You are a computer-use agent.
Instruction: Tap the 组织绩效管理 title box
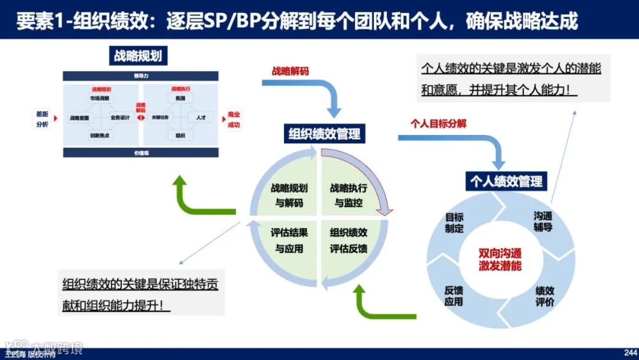click(x=324, y=134)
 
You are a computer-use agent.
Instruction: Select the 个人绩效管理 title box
click(x=506, y=181)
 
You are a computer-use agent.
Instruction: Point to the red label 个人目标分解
click(x=438, y=123)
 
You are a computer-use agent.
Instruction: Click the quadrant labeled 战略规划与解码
click(x=289, y=195)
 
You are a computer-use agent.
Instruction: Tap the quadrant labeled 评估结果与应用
click(x=289, y=240)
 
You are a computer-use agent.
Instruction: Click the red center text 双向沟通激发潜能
click(x=500, y=259)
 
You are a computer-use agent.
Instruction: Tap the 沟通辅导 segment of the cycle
click(x=543, y=222)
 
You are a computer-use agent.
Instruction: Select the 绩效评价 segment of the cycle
click(x=544, y=296)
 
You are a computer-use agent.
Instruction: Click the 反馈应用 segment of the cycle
click(x=454, y=295)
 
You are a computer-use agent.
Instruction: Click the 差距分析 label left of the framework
click(x=42, y=120)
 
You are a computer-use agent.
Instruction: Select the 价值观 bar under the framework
click(x=138, y=153)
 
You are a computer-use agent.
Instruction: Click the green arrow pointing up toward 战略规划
click(x=188, y=195)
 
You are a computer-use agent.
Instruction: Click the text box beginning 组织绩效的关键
click(x=141, y=293)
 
